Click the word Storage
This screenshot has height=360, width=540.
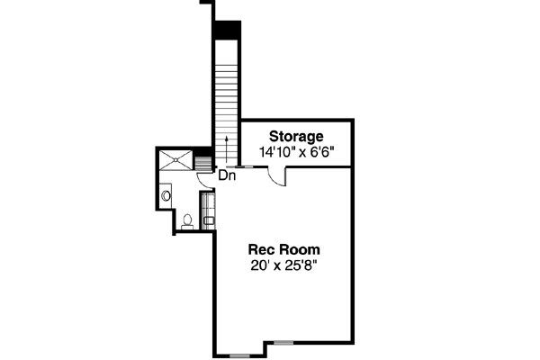click(293, 137)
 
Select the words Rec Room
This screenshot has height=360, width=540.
click(284, 248)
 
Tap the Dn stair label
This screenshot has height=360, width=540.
click(228, 175)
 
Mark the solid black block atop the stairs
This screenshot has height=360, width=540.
click(227, 30)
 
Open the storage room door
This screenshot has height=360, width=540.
click(280, 177)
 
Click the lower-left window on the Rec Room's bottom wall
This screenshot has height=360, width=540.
click(239, 355)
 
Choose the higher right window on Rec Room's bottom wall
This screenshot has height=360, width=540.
click(284, 342)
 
